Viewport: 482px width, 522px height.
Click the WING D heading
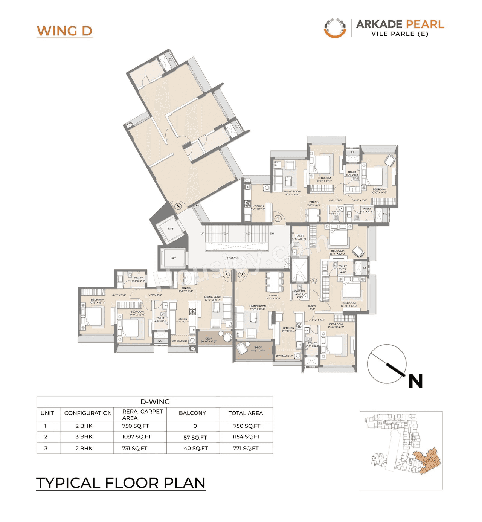pyautogui.click(x=64, y=31)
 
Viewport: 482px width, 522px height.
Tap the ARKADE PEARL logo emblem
pyautogui.click(x=335, y=28)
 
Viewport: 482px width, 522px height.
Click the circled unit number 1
pyautogui.click(x=278, y=218)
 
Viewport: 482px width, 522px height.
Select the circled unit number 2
pyautogui.click(x=241, y=275)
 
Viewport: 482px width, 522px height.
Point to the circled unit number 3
pyautogui.click(x=226, y=275)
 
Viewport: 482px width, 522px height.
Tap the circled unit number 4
pyautogui.click(x=178, y=206)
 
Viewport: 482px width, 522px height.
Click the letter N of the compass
pyautogui.click(x=416, y=381)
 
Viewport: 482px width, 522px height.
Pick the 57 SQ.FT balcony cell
pyautogui.click(x=195, y=437)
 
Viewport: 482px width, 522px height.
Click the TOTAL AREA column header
pyautogui.click(x=246, y=413)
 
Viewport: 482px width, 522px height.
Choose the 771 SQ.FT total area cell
pyautogui.click(x=246, y=448)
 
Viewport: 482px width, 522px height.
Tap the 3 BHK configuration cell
pyautogui.click(x=84, y=437)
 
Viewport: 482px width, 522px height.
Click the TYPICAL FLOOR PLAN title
pyautogui.click(x=120, y=483)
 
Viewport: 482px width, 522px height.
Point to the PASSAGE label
pyautogui.click(x=233, y=258)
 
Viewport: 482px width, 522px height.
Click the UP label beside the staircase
pyautogui.click(x=203, y=234)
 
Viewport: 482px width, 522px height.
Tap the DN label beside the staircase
pyautogui.click(x=272, y=234)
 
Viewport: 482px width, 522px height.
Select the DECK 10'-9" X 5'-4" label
pyautogui.click(x=258, y=349)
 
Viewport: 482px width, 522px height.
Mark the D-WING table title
pyautogui.click(x=155, y=401)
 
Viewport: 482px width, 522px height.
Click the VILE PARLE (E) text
pyautogui.click(x=400, y=34)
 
